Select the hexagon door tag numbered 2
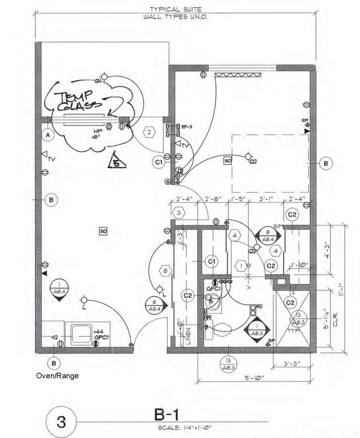(x=149, y=132)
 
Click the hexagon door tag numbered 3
(x=178, y=212)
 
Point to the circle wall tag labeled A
(x=49, y=135)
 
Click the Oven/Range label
(x=57, y=375)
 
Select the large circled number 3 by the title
(x=61, y=421)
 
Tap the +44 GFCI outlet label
(x=100, y=334)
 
